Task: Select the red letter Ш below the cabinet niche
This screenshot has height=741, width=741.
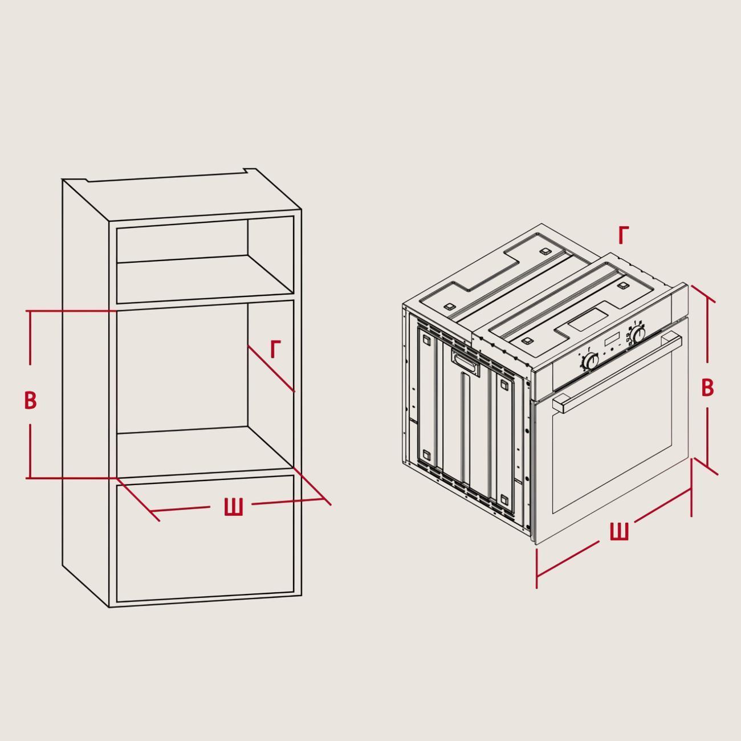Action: (233, 507)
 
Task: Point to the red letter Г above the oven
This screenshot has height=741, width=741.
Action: (624, 235)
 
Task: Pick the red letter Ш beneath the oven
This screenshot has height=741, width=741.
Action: (620, 531)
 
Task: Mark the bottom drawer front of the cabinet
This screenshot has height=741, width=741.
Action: (205, 539)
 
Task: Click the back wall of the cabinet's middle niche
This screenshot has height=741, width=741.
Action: (182, 369)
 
